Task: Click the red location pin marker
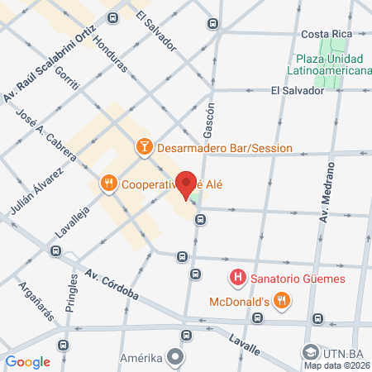(186, 183)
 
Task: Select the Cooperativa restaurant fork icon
(107, 184)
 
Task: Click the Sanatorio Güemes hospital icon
(238, 278)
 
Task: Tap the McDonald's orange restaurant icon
(282, 301)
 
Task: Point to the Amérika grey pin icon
(175, 356)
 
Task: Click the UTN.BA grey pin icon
(312, 351)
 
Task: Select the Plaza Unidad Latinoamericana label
(330, 64)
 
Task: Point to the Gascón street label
(209, 121)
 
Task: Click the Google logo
(27, 361)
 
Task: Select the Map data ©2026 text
(336, 365)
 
